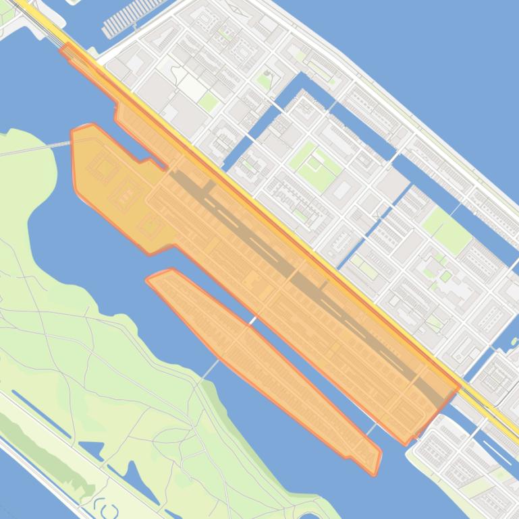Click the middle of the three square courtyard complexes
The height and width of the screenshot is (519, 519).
pyautogui.click(x=126, y=195)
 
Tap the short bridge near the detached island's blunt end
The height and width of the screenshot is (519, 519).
pyautogui.click(x=371, y=429)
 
